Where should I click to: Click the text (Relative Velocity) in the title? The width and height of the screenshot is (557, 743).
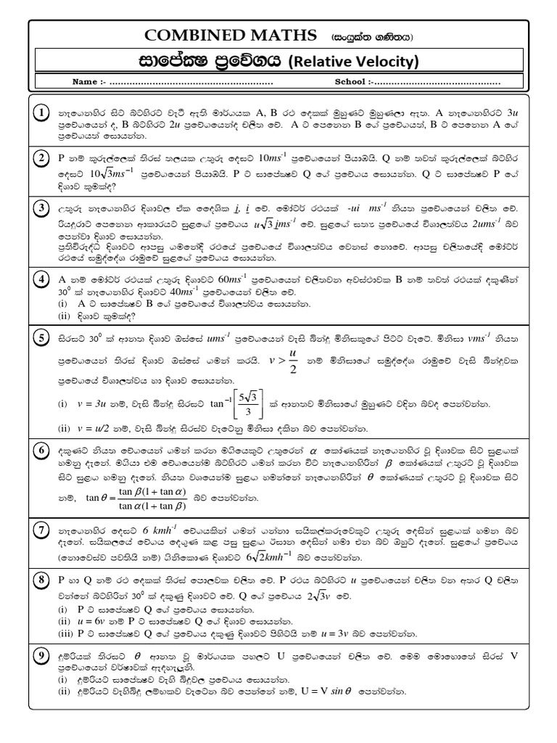pos(355,62)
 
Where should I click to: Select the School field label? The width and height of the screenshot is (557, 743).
pos(350,82)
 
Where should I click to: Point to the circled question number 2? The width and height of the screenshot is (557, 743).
pos(42,158)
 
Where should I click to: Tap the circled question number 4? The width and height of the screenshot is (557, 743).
pos(42,279)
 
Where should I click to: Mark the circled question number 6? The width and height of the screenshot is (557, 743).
pos(42,449)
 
